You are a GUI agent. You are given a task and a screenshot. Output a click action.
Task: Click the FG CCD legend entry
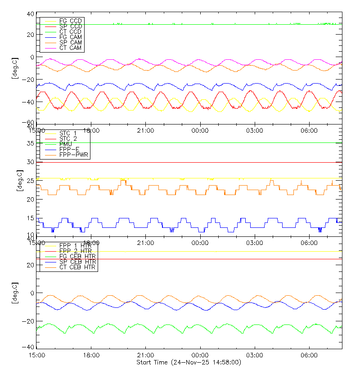70,21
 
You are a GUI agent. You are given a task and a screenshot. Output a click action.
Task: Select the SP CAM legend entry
70,43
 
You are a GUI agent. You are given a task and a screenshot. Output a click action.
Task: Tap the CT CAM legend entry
70,48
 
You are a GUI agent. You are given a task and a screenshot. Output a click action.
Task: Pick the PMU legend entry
66,144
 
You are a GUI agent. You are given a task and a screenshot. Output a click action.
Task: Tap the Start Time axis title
189,362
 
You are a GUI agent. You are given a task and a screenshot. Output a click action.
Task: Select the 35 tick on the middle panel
30,143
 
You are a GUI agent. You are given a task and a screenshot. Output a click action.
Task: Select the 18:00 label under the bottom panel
91,355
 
